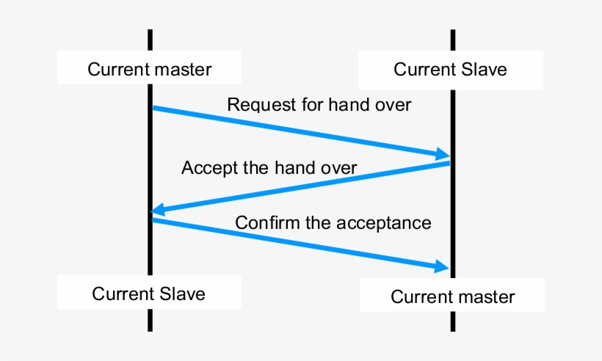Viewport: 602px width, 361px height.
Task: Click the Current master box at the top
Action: (149, 70)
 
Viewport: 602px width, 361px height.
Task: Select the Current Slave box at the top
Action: (450, 70)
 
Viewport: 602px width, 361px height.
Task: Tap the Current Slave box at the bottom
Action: (149, 293)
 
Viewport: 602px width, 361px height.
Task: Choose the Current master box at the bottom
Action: (452, 296)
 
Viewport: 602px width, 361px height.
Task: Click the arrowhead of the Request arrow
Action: (443, 154)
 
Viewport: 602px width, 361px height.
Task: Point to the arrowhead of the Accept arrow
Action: (156, 211)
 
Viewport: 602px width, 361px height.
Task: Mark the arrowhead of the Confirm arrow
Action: (442, 266)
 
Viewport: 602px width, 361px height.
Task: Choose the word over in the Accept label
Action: (337, 168)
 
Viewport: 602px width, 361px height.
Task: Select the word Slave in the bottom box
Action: (181, 293)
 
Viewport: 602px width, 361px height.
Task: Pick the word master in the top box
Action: (184, 70)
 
